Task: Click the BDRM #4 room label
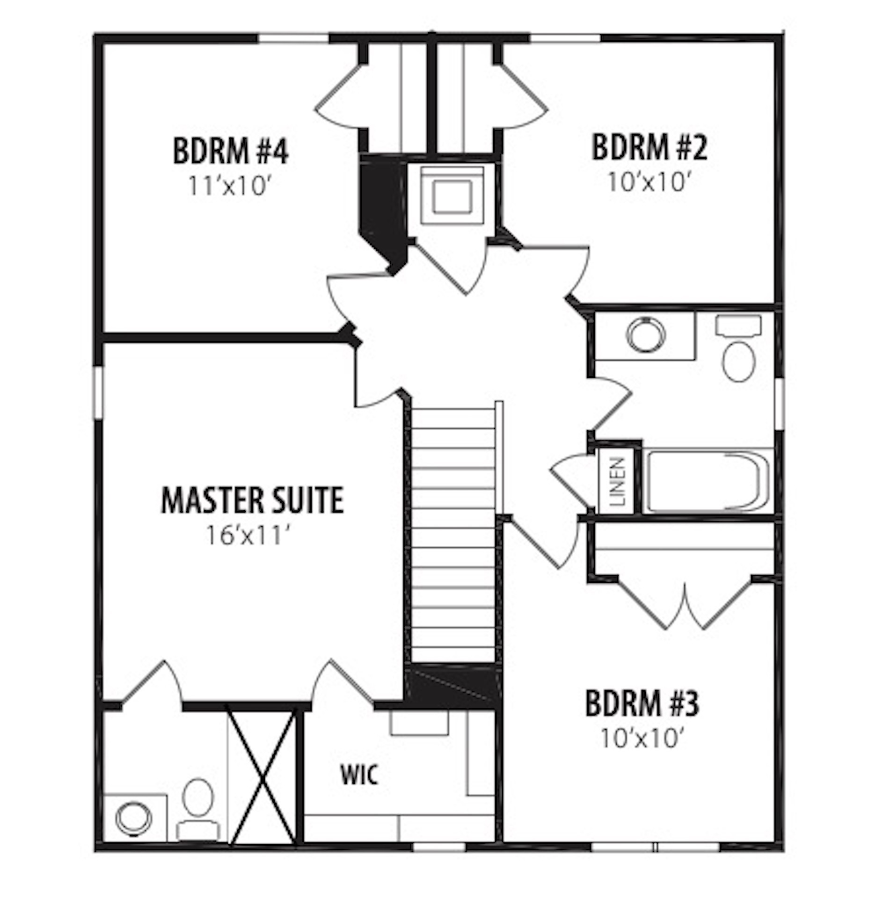[x=230, y=151]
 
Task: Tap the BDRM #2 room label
[x=649, y=147]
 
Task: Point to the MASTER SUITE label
[x=252, y=500]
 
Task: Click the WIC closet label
[x=359, y=775]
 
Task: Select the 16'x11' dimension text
[x=252, y=536]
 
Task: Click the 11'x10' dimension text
[x=231, y=186]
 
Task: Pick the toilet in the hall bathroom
[x=739, y=348]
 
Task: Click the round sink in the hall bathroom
[x=646, y=334]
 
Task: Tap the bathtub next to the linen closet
[x=707, y=481]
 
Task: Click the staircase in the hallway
[x=453, y=532]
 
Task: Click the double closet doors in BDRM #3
[x=685, y=604]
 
